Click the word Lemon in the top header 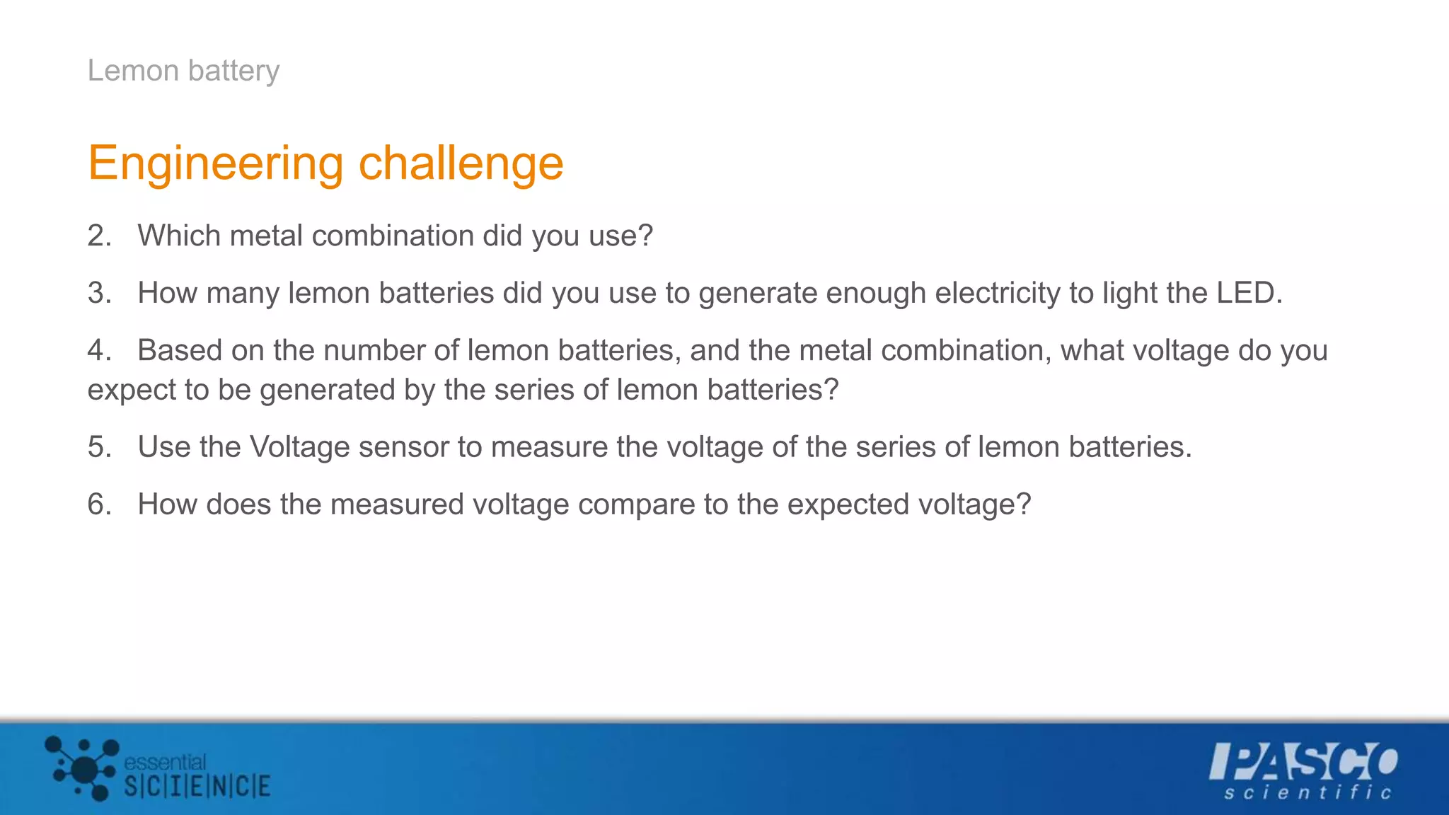pyautogui.click(x=133, y=71)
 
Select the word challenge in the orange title pyautogui.click(x=461, y=163)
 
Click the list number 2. pyautogui.click(x=98, y=236)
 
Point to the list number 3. pyautogui.click(x=98, y=293)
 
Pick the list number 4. pyautogui.click(x=98, y=350)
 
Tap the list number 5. pyautogui.click(x=98, y=447)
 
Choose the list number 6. pyautogui.click(x=98, y=504)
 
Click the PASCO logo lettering pyautogui.click(x=1303, y=761)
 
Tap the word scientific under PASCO pyautogui.click(x=1307, y=793)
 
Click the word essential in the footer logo pyautogui.click(x=165, y=762)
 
